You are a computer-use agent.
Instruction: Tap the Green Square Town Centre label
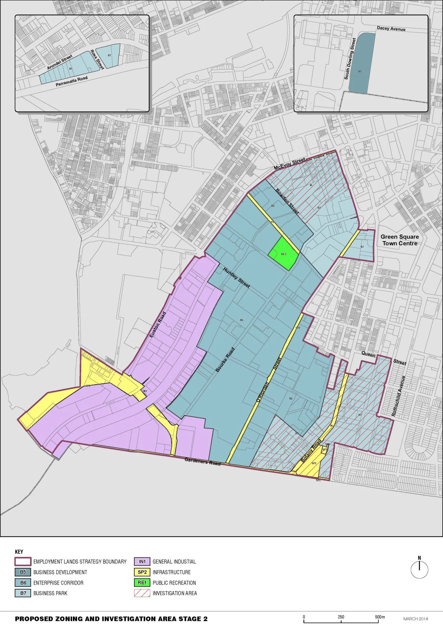399,240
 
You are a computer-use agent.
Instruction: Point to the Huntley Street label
237,278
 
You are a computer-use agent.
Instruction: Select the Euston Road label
158,325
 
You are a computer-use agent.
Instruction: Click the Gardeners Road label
202,461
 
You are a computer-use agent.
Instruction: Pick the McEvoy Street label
290,164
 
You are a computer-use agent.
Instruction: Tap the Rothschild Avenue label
399,396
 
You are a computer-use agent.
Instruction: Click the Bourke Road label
225,360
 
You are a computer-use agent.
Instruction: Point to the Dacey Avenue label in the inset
391,29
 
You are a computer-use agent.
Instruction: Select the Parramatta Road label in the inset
71,81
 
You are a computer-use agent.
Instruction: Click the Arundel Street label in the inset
60,62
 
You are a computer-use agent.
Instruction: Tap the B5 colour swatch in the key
23,572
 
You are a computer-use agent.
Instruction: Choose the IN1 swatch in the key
142,561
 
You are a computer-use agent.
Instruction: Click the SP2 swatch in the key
142,572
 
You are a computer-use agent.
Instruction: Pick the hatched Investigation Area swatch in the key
142,593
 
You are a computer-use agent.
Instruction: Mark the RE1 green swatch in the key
142,582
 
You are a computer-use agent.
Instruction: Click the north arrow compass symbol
419,569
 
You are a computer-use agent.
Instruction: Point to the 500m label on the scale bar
380,617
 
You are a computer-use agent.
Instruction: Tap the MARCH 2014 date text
415,619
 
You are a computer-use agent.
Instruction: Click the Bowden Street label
287,201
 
